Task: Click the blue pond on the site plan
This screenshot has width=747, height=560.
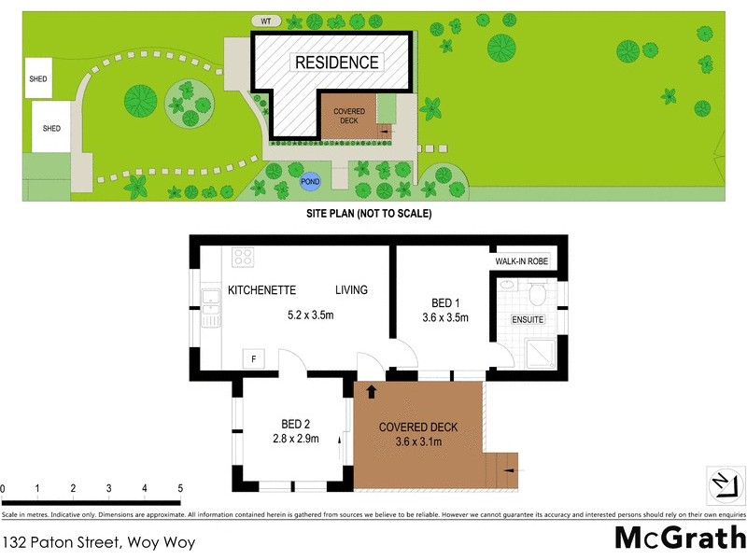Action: click(309, 183)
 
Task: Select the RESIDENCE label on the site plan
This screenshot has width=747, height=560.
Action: click(337, 63)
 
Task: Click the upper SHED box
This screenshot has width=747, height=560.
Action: click(39, 79)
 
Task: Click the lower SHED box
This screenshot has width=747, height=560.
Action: click(51, 128)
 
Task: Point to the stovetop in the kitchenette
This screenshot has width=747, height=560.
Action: click(244, 256)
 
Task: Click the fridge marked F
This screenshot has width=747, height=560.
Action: click(251, 358)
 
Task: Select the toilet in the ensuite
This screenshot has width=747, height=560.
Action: click(537, 295)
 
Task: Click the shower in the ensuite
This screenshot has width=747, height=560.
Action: click(542, 351)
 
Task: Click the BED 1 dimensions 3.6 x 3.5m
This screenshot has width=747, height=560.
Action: click(444, 318)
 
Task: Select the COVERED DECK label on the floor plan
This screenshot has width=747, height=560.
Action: click(417, 427)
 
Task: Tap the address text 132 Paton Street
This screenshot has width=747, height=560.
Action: click(98, 540)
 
